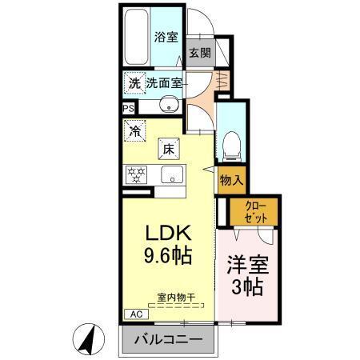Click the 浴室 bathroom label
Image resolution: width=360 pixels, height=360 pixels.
coord(166,36)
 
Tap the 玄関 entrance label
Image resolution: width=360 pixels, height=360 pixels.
coord(199,54)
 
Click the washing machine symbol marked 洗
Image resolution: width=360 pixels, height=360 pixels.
coord(134,82)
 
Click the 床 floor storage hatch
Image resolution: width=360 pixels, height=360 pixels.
coord(168,148)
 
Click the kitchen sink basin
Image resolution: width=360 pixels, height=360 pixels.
coord(170,175)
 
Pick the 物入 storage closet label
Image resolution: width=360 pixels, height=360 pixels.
coord(230,180)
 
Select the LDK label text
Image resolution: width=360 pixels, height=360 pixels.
coord(168,233)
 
